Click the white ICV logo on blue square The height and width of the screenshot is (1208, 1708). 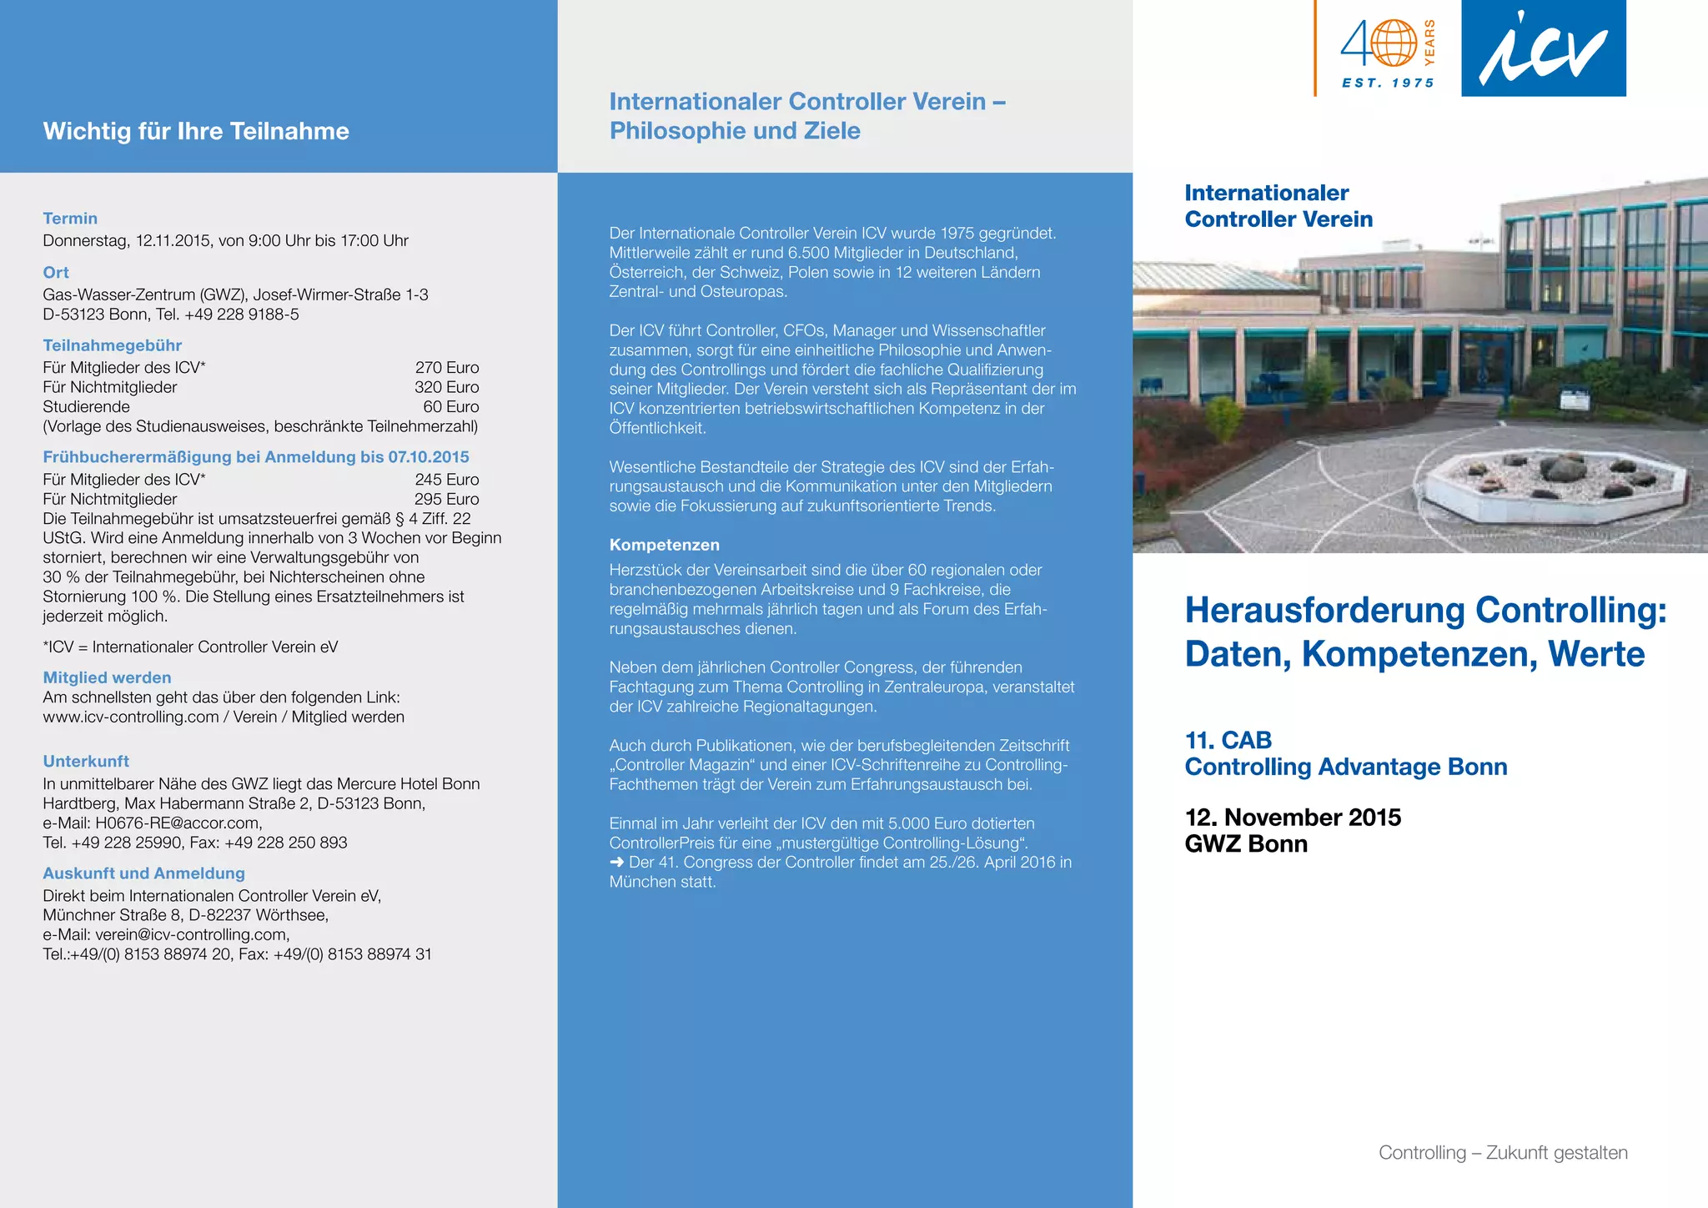[x=1543, y=48]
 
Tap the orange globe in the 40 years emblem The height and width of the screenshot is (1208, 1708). [x=1394, y=43]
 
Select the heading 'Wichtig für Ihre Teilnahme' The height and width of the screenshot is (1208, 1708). [x=196, y=131]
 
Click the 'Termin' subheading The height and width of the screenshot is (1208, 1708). [x=70, y=219]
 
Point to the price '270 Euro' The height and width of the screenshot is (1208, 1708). [x=447, y=368]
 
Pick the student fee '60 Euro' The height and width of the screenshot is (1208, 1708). [x=450, y=407]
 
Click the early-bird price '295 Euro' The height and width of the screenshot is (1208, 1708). [x=447, y=500]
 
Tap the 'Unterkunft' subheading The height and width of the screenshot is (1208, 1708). [x=86, y=762]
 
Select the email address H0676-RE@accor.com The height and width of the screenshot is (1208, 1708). [x=178, y=823]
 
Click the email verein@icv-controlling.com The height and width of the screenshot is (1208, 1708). [x=192, y=935]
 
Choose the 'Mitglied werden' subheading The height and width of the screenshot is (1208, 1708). [x=107, y=678]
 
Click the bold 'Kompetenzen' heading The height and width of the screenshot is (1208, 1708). [x=664, y=546]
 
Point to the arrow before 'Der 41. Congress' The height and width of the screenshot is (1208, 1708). [x=617, y=863]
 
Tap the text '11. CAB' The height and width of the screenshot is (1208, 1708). [x=1228, y=741]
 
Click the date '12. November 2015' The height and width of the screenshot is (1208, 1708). [x=1293, y=818]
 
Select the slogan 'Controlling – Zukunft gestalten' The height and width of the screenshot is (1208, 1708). [x=1503, y=1153]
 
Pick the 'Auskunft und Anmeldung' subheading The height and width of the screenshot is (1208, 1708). [x=143, y=873]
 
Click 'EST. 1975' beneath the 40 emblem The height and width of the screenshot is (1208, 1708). [x=1388, y=83]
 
